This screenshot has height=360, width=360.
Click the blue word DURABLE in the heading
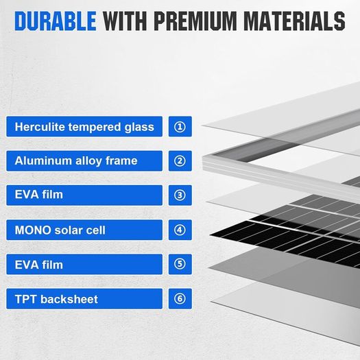coord(56,21)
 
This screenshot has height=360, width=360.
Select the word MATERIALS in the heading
coord(294,21)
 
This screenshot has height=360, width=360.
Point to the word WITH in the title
coord(125,21)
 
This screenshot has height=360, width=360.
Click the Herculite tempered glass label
coord(84,126)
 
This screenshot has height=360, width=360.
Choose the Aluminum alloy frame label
coord(84,160)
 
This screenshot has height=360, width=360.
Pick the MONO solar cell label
coord(84,230)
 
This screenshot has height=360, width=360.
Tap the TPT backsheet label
coord(84,299)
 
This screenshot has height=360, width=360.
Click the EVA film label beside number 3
coord(84,195)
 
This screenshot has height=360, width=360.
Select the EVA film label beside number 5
coord(84,264)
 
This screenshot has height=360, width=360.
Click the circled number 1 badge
coord(180,126)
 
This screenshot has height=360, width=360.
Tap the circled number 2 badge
coord(180,160)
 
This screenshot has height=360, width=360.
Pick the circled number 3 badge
coord(180,195)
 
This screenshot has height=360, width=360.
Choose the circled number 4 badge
coord(180,230)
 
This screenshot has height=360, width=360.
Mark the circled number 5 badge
coord(180,264)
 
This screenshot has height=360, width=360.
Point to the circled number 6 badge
coord(180,299)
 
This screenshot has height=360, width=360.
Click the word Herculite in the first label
coord(40,126)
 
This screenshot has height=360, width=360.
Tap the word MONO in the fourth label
coord(33,230)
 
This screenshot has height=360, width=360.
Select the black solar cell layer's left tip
coord(210,235)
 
